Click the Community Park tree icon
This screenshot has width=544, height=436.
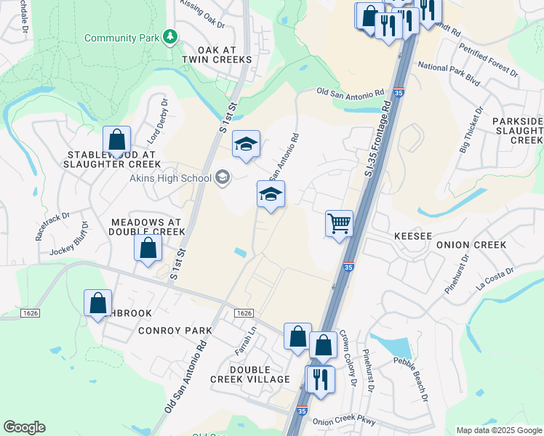(170, 36)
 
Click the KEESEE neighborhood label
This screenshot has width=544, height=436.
(413, 236)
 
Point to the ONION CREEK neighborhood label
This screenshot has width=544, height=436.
(471, 245)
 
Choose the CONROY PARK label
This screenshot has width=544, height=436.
(175, 331)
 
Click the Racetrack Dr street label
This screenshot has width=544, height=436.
(52, 226)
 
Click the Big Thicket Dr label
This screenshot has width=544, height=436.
(471, 133)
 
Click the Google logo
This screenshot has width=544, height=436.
(24, 427)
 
